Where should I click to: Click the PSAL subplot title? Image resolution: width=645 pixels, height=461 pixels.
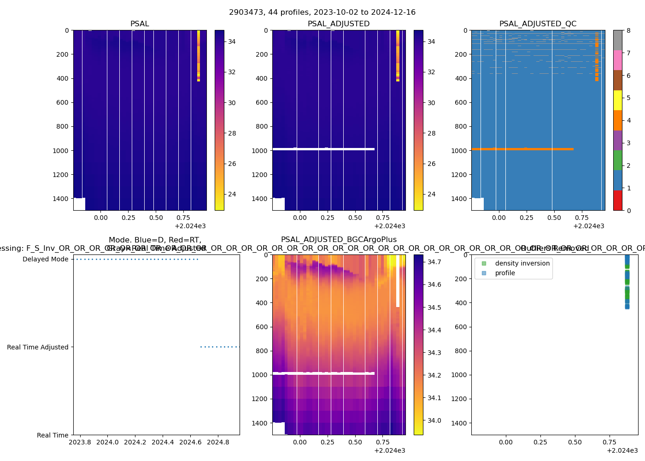140,24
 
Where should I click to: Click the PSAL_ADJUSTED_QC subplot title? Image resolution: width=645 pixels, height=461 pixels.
538,24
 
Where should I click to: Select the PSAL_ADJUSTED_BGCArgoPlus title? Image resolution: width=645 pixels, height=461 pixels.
339,240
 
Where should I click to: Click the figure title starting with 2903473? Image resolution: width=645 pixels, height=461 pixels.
322,12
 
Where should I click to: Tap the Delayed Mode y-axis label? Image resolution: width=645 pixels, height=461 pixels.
45,260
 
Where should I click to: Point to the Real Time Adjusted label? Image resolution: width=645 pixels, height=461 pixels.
37,347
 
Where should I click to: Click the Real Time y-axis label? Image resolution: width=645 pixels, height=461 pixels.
53,435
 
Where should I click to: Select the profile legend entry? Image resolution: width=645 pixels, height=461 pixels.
505,273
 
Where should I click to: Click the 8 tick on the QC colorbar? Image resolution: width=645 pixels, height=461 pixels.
628,30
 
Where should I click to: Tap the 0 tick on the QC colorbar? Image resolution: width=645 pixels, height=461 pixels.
628,210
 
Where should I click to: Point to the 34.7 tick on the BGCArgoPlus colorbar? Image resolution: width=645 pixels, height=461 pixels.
434,262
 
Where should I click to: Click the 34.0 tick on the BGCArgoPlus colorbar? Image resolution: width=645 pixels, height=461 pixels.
434,420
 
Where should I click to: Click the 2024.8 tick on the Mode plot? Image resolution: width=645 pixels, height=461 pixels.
218,442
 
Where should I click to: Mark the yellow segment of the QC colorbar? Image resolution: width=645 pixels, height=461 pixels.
617,100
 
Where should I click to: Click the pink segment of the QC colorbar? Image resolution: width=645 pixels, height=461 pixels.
617,60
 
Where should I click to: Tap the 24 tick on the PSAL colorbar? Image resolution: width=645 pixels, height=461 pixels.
232,194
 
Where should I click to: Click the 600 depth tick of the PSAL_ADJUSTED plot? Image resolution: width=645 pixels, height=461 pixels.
261,102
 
